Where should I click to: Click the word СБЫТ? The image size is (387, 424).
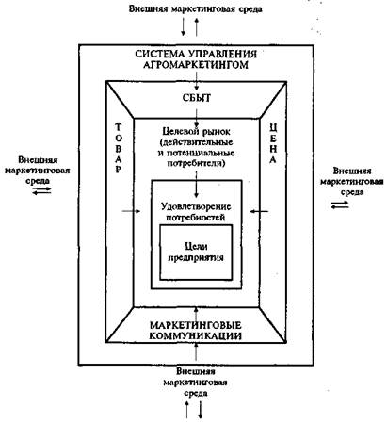coord(197,98)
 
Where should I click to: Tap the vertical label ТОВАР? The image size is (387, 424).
coord(119,149)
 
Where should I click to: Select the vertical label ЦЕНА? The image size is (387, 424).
coord(273,143)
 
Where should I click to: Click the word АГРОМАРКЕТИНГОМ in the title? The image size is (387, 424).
coord(196,65)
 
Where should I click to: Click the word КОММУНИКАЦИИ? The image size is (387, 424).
coord(195,335)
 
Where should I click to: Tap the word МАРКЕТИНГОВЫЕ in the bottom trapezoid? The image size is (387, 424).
coord(195,325)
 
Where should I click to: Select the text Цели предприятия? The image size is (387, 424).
coord(196,253)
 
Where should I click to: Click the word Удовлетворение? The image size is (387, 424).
coord(196,206)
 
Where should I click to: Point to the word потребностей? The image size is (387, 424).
coord(196,218)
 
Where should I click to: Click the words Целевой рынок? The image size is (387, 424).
coord(197,131)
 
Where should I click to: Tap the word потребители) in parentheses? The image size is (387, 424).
coord(196,163)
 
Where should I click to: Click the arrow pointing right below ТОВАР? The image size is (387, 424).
coord(131,211)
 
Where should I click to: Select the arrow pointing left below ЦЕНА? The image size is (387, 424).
coord(259,211)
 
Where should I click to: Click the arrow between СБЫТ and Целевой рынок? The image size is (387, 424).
coord(197,118)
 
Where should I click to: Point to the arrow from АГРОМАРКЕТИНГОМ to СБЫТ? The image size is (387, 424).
coord(197,81)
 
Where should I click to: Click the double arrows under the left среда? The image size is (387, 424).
coord(41,190)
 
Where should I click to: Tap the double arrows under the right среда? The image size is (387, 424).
coord(340,204)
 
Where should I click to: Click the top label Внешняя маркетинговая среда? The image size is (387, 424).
coord(196,9)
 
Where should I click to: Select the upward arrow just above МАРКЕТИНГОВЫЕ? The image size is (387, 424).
coord(197,313)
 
